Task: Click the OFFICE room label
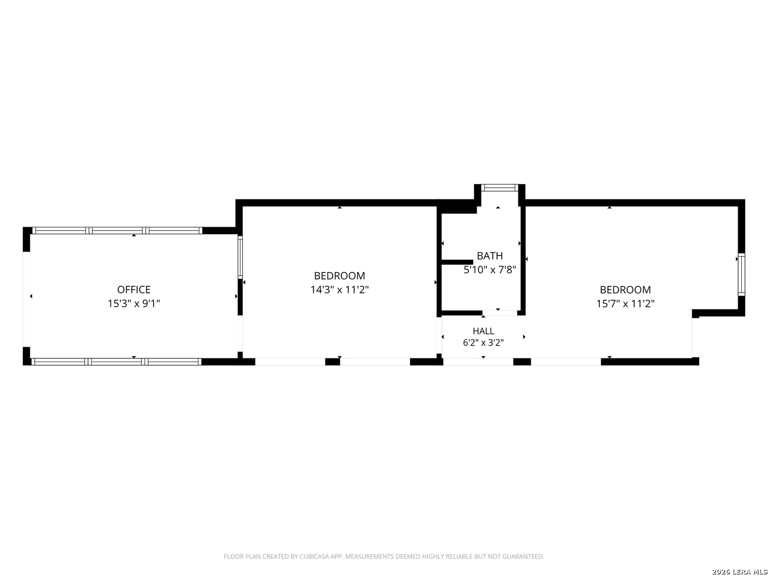click(134, 290)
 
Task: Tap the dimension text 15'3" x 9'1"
click(134, 303)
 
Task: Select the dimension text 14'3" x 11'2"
click(339, 290)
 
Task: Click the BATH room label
click(490, 255)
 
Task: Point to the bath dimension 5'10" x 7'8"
click(490, 270)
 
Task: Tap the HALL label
click(483, 331)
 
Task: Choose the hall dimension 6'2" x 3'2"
click(483, 342)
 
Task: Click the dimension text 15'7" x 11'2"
click(625, 303)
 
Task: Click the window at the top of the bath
click(499, 187)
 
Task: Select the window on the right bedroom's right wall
click(741, 275)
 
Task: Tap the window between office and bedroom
click(240, 257)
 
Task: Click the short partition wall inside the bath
click(457, 262)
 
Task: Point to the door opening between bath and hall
click(500, 313)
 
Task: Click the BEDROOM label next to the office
click(339, 276)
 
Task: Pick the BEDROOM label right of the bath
click(625, 290)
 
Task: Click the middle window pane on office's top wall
click(117, 230)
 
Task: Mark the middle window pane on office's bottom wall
click(116, 362)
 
